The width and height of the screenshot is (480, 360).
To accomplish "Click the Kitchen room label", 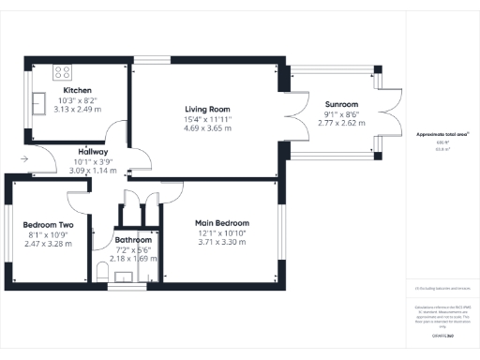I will (77, 90).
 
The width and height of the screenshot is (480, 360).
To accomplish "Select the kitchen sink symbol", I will (41, 101).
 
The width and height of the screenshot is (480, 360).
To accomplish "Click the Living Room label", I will (207, 109).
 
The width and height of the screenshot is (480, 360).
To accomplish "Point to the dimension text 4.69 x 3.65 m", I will (207, 128).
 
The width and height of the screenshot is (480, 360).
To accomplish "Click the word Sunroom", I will (341, 104).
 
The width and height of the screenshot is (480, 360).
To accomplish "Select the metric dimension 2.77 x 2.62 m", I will (341, 123).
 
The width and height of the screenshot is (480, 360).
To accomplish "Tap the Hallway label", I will (93, 152).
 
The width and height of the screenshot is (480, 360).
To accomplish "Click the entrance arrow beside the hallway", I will (23, 159).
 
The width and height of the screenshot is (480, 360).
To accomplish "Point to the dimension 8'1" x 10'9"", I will (46, 234).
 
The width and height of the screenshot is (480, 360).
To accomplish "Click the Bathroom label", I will (134, 239).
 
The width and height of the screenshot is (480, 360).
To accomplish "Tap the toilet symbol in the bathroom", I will (103, 272).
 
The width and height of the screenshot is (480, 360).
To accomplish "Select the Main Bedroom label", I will (221, 223).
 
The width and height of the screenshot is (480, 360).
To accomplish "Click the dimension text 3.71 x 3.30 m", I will (221, 243).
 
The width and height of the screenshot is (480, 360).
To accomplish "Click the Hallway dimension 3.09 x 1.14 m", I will (93, 171).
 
